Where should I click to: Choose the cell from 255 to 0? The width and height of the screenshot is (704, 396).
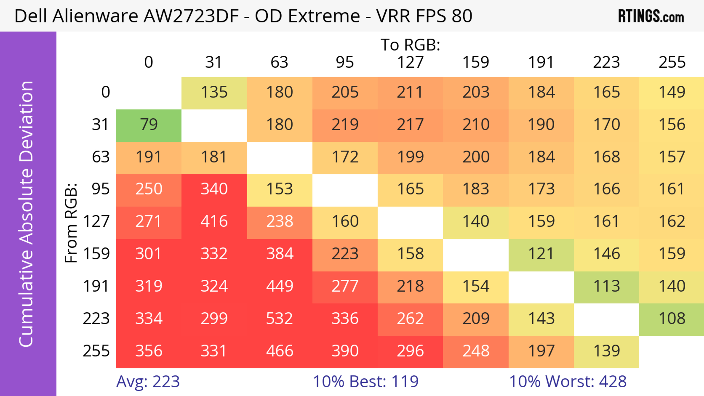[x=149, y=351]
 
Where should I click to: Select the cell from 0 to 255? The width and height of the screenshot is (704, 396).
[x=672, y=93]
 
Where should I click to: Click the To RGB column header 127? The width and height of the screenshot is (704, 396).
[x=410, y=62]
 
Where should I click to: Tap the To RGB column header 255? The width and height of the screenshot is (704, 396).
[x=672, y=62]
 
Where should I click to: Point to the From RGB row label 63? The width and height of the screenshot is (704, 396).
[x=101, y=157]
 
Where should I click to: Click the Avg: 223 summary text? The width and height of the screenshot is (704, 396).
[x=148, y=382]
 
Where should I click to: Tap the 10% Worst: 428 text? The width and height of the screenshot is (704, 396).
[x=568, y=382]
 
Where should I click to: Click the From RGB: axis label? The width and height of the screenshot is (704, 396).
[x=71, y=223]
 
